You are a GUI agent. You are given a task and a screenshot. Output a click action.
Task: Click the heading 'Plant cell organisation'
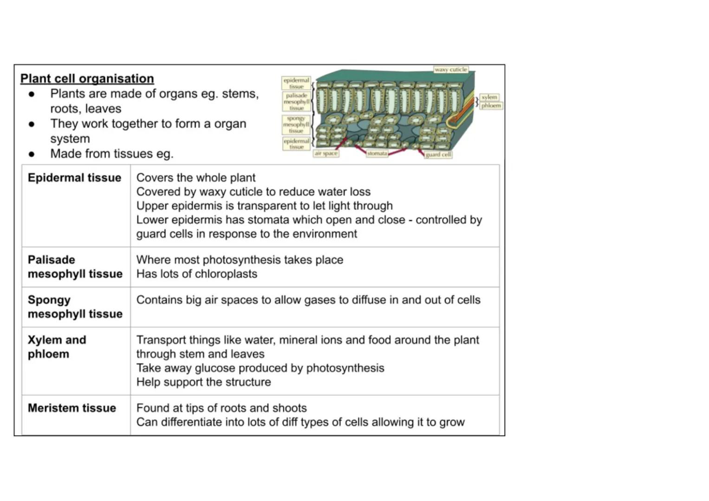click(87, 78)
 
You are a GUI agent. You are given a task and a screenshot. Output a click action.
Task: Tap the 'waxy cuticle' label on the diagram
click(450, 70)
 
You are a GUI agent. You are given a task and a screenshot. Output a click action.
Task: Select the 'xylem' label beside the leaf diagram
click(489, 97)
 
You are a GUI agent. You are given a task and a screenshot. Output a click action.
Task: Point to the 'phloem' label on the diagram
click(491, 106)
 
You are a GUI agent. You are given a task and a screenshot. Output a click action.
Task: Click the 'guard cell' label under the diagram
click(438, 154)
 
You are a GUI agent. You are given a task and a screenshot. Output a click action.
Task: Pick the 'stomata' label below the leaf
click(377, 154)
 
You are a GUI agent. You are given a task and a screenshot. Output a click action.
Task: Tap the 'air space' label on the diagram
click(326, 153)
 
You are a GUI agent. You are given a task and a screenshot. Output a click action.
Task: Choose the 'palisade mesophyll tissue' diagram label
click(296, 102)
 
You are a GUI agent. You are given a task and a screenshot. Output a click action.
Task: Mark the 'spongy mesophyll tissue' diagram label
click(296, 124)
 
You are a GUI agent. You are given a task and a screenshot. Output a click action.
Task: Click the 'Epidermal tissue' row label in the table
click(74, 178)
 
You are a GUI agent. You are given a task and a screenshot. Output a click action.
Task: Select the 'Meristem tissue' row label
click(72, 408)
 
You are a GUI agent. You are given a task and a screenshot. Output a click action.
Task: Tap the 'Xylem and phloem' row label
click(57, 347)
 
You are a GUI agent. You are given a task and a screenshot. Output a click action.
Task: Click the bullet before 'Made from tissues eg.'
click(32, 154)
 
